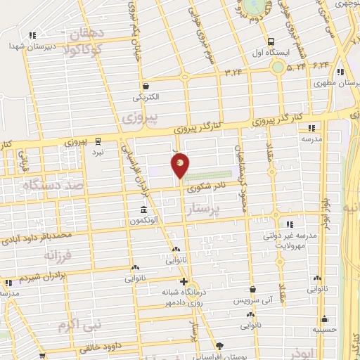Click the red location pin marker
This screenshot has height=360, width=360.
click(x=180, y=165)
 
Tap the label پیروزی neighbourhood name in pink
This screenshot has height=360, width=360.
click(x=139, y=114)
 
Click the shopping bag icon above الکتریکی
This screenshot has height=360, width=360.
click(x=143, y=85)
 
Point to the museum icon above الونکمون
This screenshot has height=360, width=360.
click(x=143, y=210)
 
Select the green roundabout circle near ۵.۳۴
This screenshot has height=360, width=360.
click(x=279, y=67)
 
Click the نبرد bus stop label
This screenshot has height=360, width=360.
click(x=99, y=152)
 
